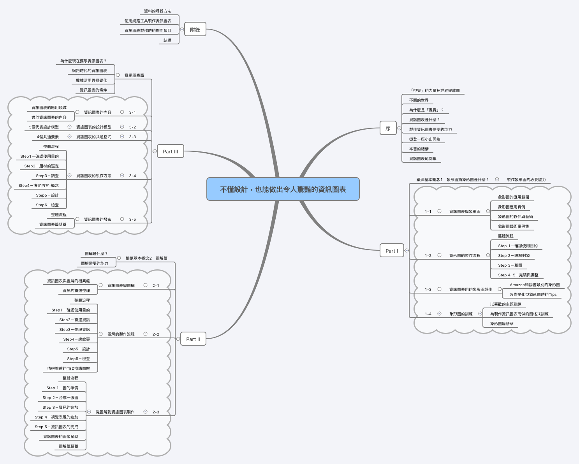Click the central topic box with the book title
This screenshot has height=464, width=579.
[283, 189]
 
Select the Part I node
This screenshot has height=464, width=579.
[391, 251]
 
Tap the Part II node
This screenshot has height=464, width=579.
[193, 339]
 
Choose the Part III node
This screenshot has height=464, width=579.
[170, 151]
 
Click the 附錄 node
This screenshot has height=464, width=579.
[195, 30]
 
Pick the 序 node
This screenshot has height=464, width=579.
[388, 128]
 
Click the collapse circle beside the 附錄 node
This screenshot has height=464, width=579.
[182, 30]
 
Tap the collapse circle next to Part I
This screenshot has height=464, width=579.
[407, 251]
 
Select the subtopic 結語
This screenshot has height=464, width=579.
[167, 40]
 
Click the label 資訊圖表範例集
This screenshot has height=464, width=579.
[422, 159]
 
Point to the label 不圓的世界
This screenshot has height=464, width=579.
[419, 100]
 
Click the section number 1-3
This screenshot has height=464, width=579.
[428, 290]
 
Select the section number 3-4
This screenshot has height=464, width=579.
[132, 176]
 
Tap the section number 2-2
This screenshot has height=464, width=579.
[156, 334]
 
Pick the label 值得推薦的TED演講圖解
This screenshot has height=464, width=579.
[69, 369]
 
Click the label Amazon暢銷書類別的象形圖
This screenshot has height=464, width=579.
[535, 285]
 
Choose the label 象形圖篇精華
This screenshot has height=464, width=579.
[502, 324]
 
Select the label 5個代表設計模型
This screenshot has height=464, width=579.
[44, 127]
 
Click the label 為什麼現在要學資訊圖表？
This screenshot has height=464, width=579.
[83, 61]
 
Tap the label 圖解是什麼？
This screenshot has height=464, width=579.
[96, 254]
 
